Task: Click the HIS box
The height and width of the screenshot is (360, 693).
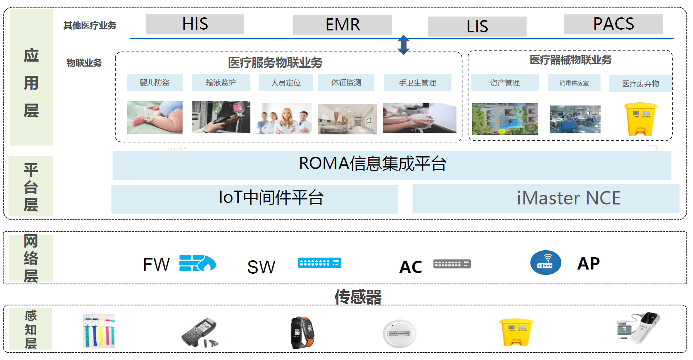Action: [x=195, y=24]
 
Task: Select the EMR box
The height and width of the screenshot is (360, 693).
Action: [x=342, y=25]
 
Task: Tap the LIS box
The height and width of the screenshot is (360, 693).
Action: [x=477, y=27]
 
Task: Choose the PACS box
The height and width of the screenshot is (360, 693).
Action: [x=613, y=24]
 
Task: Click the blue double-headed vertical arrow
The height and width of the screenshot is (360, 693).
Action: [x=404, y=45]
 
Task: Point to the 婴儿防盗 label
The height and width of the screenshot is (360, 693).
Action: [x=154, y=82]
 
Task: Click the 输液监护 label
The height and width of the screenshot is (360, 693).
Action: [x=221, y=82]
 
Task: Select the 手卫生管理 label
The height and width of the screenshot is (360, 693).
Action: [x=417, y=83]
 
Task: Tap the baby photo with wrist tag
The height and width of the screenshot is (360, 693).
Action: [x=155, y=117]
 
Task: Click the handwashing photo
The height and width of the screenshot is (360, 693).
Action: [x=419, y=118]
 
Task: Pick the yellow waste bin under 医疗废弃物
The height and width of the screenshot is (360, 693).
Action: [x=640, y=119]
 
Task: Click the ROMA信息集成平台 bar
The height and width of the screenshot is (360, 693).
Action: [x=392, y=165]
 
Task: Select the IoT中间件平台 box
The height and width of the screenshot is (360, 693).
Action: [x=255, y=199]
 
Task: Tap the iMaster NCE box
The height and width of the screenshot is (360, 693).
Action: [x=546, y=198]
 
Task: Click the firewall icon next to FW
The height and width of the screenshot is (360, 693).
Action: [x=197, y=263]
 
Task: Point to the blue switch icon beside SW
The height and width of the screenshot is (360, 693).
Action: [x=319, y=263]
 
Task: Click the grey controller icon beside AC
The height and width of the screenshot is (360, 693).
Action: [x=452, y=264]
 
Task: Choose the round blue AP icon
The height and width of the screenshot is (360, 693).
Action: [x=545, y=263]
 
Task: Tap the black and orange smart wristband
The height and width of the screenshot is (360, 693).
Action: [x=302, y=332]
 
